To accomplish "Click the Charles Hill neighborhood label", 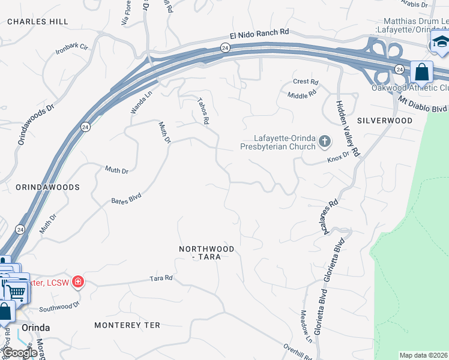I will (x=37, y=21).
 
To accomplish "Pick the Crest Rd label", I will (x=305, y=82).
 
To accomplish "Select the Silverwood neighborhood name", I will (x=385, y=121).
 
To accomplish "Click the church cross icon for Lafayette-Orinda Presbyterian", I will (x=325, y=142).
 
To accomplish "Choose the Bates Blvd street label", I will (x=126, y=199).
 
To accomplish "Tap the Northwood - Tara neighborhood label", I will (x=206, y=253).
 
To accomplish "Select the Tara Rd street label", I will (x=161, y=278).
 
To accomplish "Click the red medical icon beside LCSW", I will (x=77, y=281).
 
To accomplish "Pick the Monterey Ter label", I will (x=127, y=325).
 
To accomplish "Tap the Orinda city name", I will (x=35, y=328).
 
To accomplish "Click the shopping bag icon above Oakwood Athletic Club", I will (x=422, y=71).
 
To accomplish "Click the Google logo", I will (x=20, y=353).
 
